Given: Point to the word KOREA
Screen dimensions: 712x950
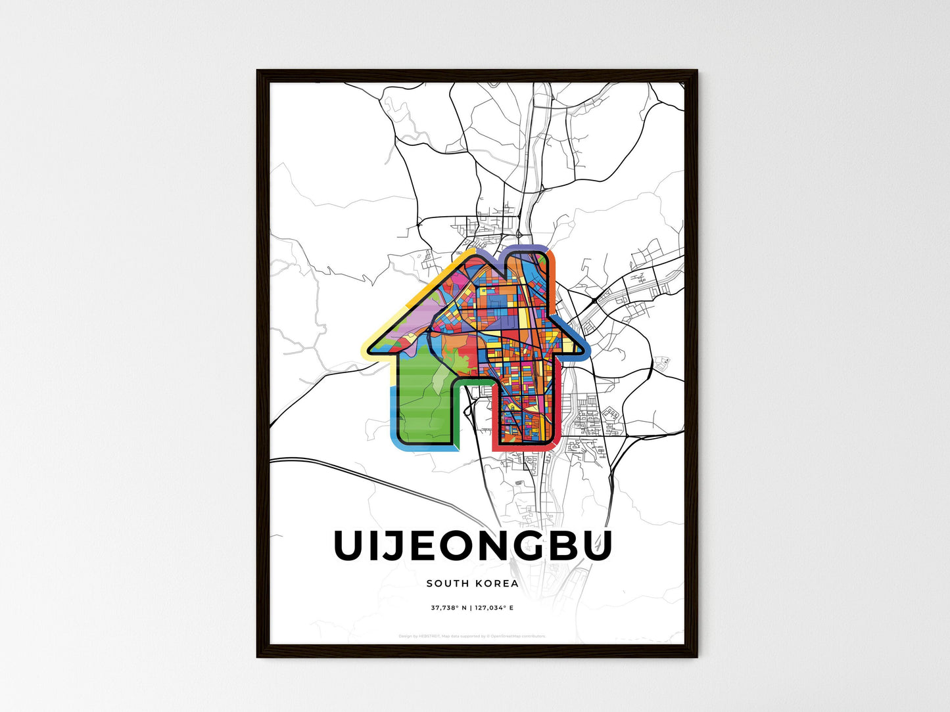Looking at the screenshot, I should [x=494, y=583].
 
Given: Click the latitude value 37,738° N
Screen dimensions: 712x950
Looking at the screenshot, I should [x=448, y=608].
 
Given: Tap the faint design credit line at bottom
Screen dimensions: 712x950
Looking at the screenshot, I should [x=472, y=636].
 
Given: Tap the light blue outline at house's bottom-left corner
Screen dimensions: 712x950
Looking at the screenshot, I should [x=393, y=427].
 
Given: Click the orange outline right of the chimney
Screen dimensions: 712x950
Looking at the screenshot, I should [x=553, y=276].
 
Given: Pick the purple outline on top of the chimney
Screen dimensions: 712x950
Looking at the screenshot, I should [x=526, y=248].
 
